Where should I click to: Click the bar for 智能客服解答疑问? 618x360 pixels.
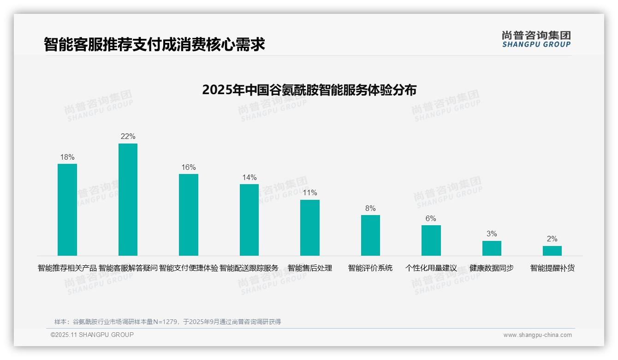point(128,199)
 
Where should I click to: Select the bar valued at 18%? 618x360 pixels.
point(67,210)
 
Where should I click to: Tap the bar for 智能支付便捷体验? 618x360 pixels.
point(189,215)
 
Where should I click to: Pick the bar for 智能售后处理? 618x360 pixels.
point(310,228)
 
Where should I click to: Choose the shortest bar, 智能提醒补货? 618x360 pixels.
point(552,251)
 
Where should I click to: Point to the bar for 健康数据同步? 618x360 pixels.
point(492,248)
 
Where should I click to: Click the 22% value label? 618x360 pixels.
point(128,137)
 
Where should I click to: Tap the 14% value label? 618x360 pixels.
point(249,178)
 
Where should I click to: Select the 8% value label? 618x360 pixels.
point(370,209)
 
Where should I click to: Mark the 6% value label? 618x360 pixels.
point(431,219)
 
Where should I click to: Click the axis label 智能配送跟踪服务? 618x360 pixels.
point(249,268)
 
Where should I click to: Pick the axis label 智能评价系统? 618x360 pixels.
point(370,268)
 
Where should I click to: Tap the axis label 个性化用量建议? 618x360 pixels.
point(431,268)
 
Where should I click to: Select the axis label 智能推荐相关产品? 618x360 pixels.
point(67,268)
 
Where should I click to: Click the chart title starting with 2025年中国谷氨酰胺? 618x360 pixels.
point(309,90)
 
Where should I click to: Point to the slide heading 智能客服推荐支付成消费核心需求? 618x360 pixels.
point(154,44)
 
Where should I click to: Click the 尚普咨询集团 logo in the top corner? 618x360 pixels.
point(536,39)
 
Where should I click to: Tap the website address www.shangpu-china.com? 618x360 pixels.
point(537,335)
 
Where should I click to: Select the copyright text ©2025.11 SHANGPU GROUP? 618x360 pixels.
point(92,335)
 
